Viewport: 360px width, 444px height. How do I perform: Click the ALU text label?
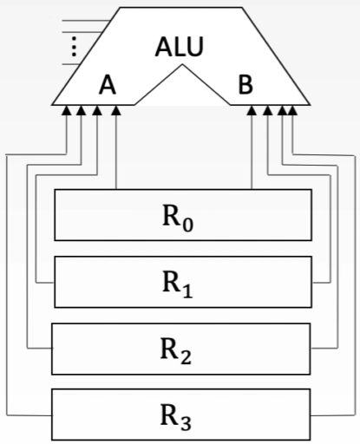180,48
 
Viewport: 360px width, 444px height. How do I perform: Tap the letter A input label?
108,85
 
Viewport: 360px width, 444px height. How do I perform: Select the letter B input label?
246,85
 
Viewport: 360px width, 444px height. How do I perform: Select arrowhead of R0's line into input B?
252,110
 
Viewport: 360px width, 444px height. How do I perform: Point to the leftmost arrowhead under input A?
67,110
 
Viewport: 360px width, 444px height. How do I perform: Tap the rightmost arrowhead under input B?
293,110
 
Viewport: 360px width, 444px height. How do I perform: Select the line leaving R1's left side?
45,281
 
